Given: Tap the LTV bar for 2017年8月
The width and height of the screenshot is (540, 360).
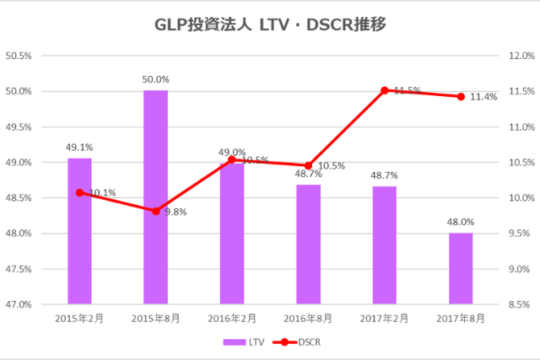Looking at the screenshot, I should click(461, 268).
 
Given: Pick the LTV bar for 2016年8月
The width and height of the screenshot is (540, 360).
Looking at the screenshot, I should click(308, 244).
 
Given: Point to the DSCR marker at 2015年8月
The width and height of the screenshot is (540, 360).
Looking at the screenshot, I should click(155, 211).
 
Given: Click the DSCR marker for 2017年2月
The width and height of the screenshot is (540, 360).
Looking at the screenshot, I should click(384, 90).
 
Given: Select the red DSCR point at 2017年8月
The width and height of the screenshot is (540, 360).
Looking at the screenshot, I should click(461, 96).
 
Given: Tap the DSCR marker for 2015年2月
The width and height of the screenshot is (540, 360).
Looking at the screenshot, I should click(79, 192).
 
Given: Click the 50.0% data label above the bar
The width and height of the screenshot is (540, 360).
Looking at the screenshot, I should click(155, 79).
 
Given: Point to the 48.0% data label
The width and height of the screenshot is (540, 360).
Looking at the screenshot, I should click(461, 222).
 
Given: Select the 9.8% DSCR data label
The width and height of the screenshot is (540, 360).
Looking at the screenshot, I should click(175, 212).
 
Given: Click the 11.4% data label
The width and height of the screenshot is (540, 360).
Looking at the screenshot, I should click(484, 97).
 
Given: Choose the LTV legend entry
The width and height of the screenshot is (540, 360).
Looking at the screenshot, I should click(244, 342).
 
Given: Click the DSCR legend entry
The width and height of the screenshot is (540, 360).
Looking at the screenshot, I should click(300, 342).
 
